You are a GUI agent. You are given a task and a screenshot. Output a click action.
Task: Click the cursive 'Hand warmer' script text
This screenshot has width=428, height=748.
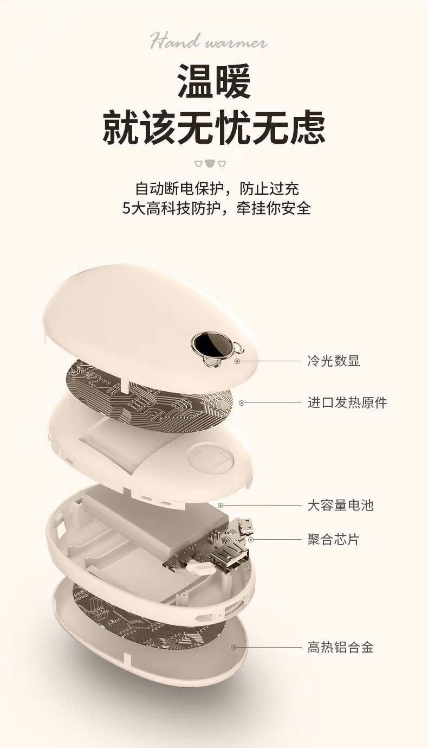click(x=209, y=41)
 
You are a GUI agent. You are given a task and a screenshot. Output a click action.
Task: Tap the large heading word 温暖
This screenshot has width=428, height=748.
click(x=214, y=81)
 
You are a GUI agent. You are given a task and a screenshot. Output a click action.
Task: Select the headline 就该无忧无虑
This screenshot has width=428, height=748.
click(x=214, y=127)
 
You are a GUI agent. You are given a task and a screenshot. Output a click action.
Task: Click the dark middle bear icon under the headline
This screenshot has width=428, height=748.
click(x=210, y=163)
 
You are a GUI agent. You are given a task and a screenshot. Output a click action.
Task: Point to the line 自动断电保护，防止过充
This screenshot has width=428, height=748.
click(x=217, y=189)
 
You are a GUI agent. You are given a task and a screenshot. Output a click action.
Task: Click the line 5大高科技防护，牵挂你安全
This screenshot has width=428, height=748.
click(x=217, y=208)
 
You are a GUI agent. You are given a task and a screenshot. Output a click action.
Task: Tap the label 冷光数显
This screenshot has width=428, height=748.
click(x=333, y=361)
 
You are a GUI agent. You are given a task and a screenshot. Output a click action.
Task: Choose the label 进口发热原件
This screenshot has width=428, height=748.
click(x=347, y=402)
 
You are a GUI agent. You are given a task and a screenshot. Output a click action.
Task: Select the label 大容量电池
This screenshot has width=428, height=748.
click(x=340, y=506)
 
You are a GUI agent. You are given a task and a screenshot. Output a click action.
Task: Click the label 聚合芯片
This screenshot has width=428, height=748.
click(x=333, y=540)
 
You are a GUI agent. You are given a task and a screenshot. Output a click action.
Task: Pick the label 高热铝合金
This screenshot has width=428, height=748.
click(x=340, y=647)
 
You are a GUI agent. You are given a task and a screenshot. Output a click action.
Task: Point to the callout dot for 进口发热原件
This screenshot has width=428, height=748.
click(x=242, y=402)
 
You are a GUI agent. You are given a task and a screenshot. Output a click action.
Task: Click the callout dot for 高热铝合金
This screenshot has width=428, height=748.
click(x=234, y=647)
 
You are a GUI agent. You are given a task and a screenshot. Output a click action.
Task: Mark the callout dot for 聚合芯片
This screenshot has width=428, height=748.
click(x=251, y=540)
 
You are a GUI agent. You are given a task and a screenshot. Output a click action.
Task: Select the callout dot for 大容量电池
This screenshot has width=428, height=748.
click(x=221, y=506)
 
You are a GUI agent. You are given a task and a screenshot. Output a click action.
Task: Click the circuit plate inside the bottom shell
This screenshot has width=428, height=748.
click(x=146, y=613)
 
